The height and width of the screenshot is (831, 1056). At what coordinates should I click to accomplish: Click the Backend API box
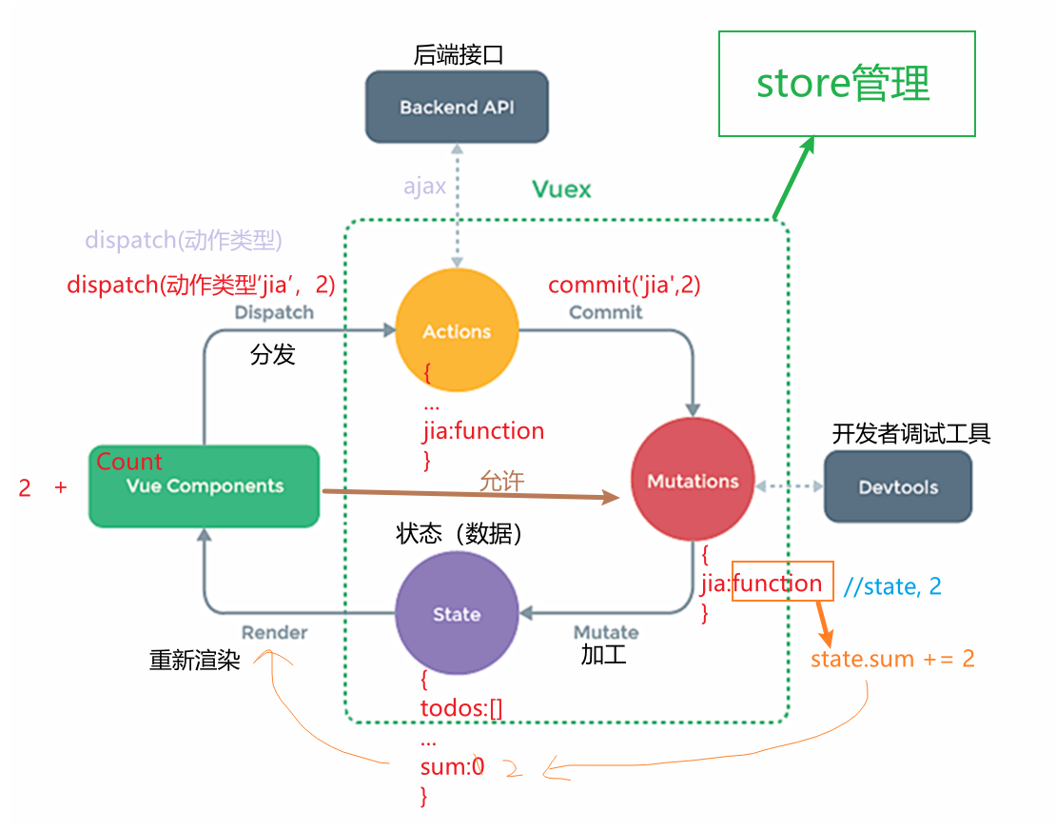click(x=457, y=107)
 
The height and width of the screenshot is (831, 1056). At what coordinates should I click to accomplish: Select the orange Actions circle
click(x=457, y=330)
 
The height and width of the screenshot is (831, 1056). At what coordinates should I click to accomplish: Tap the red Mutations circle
click(x=693, y=481)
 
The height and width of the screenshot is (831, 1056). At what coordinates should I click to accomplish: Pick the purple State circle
click(x=457, y=614)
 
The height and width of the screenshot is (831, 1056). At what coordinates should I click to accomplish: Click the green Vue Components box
click(x=204, y=486)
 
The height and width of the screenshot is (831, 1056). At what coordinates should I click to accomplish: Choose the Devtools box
click(x=898, y=487)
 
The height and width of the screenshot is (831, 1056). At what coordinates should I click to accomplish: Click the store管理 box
click(x=846, y=84)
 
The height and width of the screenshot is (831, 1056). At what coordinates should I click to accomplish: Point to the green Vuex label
click(x=561, y=189)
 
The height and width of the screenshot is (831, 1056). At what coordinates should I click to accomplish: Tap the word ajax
click(x=424, y=187)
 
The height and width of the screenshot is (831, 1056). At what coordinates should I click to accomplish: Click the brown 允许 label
click(x=501, y=481)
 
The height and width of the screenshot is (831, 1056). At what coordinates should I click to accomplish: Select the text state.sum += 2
click(x=892, y=658)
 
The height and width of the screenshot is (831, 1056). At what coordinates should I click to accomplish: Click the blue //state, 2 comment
click(x=892, y=585)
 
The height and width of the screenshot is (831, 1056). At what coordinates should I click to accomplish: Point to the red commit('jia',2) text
click(x=624, y=284)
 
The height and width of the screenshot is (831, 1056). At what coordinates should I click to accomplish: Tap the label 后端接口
click(x=458, y=55)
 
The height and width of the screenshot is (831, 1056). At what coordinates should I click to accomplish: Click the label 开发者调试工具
click(x=911, y=434)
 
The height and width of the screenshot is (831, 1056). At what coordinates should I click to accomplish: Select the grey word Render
click(x=274, y=632)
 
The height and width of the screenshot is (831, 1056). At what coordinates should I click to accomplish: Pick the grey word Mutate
click(x=606, y=632)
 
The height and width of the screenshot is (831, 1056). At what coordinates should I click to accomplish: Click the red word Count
click(x=129, y=462)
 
